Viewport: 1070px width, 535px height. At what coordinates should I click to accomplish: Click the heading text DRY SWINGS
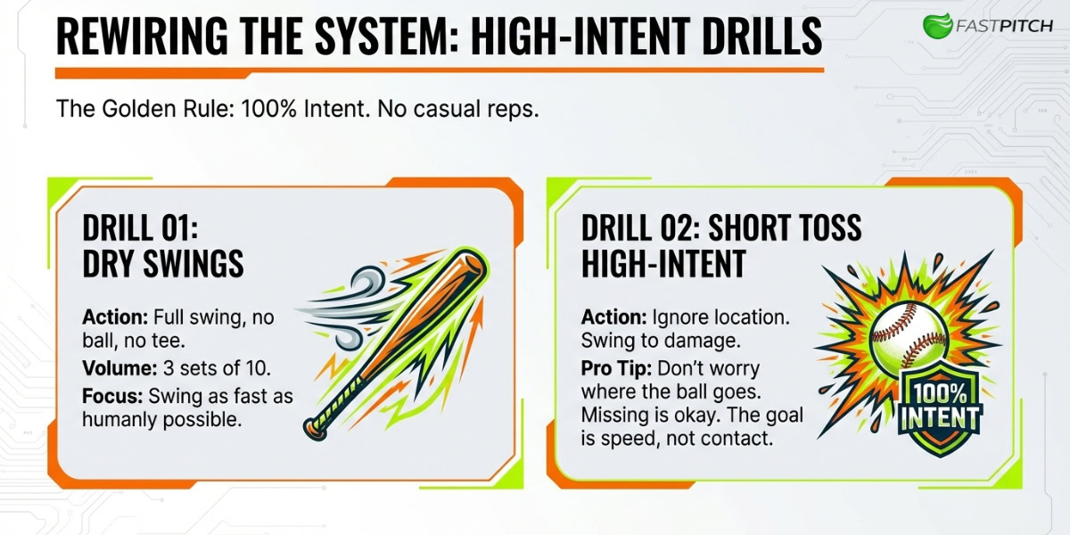coord(163,264)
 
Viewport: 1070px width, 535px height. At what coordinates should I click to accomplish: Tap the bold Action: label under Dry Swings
coord(115,317)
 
